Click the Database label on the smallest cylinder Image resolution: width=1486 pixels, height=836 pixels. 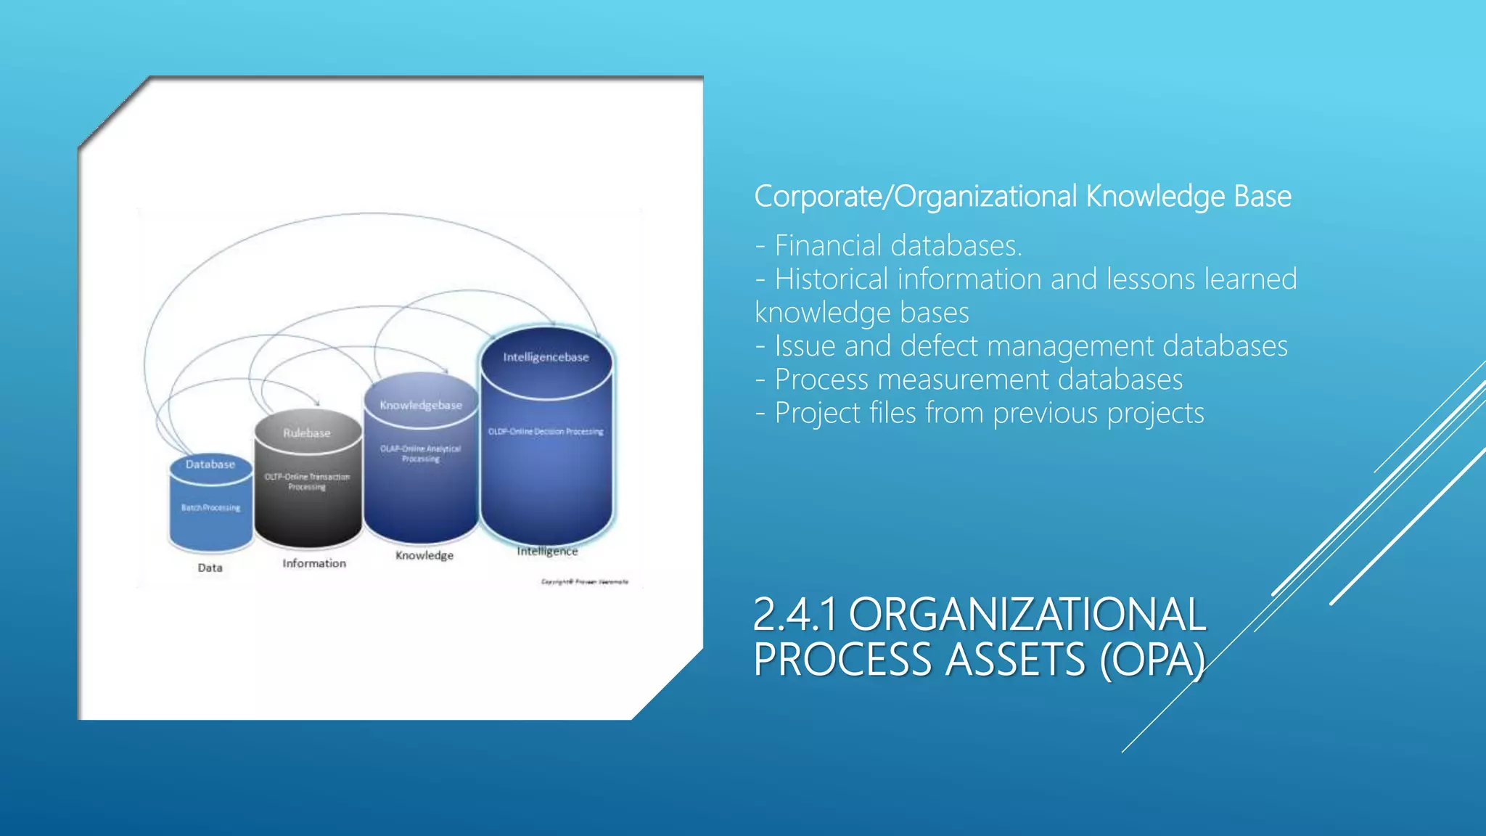coord(210,464)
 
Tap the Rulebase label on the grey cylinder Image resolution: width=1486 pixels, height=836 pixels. coord(307,433)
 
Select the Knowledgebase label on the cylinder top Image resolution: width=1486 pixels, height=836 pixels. coord(421,405)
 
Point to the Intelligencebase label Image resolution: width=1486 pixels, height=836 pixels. coord(546,357)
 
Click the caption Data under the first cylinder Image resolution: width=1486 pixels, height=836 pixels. coord(210,567)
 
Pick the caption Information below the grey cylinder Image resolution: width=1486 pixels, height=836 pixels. coord(314,563)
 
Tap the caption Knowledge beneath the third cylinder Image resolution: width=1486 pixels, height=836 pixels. coord(424,555)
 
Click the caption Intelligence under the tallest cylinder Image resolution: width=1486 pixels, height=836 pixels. coord(547,552)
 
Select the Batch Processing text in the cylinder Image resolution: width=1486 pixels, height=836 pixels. coord(210,508)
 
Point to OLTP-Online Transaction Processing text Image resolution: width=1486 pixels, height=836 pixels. coord(307,482)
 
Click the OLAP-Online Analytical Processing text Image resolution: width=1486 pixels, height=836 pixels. coord(421,454)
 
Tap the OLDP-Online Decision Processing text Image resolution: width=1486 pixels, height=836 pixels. coord(546,432)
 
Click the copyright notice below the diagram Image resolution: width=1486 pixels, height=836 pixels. coord(585,582)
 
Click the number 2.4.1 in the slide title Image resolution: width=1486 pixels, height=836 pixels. coord(795,615)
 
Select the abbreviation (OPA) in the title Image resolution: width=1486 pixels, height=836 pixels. coord(1152,660)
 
